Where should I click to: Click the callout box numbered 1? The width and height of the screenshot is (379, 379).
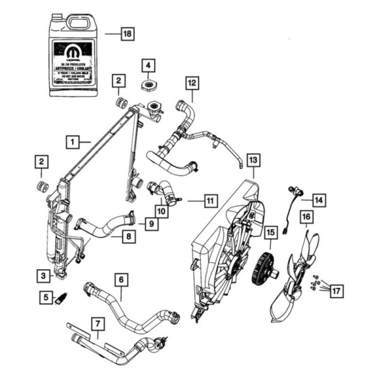pos(75,141)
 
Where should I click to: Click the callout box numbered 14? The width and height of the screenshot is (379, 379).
pos(318,200)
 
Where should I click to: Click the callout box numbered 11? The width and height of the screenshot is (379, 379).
pos(209,201)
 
